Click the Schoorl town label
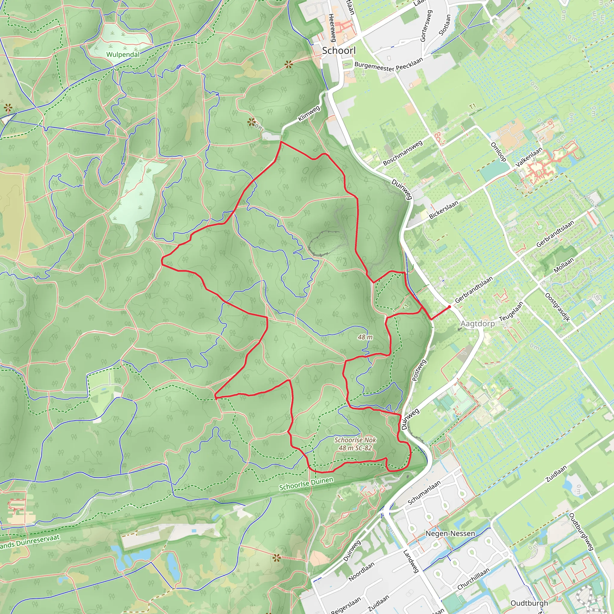[x=339, y=51]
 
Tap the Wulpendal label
[x=123, y=54]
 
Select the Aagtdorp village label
[x=478, y=323]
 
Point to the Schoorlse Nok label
[x=355, y=440]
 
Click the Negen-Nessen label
[x=450, y=534]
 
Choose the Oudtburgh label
[x=529, y=603]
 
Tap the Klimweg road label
[x=309, y=113]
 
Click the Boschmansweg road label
[x=403, y=153]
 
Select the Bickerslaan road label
[x=444, y=210]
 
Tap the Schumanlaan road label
[x=424, y=493]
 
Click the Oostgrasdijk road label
[x=557, y=307]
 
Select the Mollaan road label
[x=563, y=265]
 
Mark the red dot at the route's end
[x=449, y=307]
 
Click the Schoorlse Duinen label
[x=306, y=483]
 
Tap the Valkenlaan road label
[x=529, y=157]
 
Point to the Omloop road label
[x=498, y=152]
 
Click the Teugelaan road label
[x=511, y=311]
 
